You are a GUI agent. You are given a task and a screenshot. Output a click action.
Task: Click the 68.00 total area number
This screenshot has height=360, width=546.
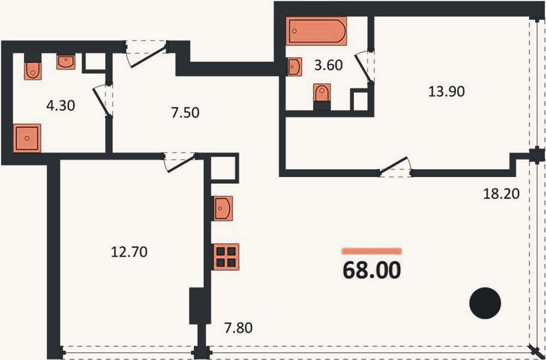click(371, 271)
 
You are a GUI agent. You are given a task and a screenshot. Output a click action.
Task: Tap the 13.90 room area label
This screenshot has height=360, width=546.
click(446, 92)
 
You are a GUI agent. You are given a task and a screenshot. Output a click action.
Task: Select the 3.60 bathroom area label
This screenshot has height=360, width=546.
click(328, 65)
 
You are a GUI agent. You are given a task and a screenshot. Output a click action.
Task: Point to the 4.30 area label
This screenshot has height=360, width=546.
click(61, 105)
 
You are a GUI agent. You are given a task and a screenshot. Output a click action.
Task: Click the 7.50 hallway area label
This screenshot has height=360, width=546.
click(185, 113)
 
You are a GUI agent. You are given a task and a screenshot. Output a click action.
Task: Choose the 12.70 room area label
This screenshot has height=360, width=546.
click(129, 252)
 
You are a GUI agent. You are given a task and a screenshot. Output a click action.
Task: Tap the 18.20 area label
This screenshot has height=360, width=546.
click(502, 194)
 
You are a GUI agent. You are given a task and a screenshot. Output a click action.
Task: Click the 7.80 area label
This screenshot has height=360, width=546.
click(239, 328)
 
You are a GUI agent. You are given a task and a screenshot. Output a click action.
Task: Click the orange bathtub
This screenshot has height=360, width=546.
click(317, 31)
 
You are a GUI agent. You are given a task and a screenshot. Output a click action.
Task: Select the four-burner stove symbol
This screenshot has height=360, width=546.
click(226, 257)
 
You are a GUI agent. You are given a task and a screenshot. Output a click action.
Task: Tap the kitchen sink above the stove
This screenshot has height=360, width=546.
click(223, 208)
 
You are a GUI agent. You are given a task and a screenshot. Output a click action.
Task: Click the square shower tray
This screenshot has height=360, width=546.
click(27, 138)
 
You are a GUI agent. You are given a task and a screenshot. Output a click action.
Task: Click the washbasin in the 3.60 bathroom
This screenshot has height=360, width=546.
click(294, 67)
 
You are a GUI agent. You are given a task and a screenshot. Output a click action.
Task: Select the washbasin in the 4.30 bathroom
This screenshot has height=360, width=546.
click(66, 62)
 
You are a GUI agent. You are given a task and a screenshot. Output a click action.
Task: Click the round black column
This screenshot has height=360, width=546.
click(485, 303)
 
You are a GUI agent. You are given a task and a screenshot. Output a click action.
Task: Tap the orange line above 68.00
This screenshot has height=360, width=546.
click(372, 251)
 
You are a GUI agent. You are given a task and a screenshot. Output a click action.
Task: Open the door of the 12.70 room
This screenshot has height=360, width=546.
click(179, 163)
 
